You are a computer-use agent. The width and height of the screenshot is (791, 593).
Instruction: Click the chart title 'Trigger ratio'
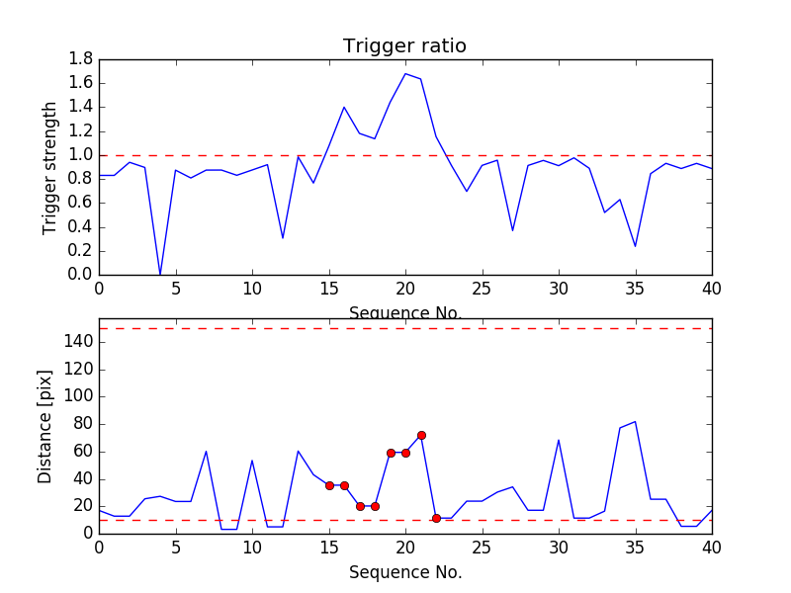pyautogui.click(x=404, y=46)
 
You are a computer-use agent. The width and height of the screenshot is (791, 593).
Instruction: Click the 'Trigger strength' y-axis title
pyautogui.click(x=50, y=167)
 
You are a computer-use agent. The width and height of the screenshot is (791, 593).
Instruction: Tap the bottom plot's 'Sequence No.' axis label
pyautogui.click(x=404, y=572)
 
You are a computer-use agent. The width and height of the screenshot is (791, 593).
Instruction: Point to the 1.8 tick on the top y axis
pyautogui.click(x=80, y=59)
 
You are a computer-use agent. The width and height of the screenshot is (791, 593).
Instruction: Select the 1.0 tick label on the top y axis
pyautogui.click(x=80, y=155)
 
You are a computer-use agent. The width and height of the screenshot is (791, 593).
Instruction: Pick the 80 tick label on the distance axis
pyautogui.click(x=81, y=424)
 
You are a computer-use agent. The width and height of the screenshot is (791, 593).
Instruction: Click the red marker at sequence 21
pyautogui.click(x=421, y=435)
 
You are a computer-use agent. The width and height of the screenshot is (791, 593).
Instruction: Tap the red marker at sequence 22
pyautogui.click(x=436, y=518)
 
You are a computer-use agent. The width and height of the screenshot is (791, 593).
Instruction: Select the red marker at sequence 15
pyautogui.click(x=329, y=485)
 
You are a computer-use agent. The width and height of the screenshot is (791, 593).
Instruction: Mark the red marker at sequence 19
pyautogui.click(x=391, y=453)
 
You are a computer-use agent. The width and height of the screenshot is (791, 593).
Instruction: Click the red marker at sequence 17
pyautogui.click(x=360, y=506)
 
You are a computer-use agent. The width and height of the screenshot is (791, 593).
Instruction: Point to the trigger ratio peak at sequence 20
pyautogui.click(x=405, y=74)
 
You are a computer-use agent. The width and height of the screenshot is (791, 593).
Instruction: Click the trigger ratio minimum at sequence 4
pyautogui.click(x=160, y=274)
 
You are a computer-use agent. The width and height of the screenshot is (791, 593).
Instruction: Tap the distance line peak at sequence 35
pyautogui.click(x=635, y=422)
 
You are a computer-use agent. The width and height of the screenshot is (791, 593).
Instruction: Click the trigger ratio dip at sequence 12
pyautogui.click(x=283, y=238)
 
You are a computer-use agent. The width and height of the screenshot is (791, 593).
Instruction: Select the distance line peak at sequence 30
pyautogui.click(x=559, y=440)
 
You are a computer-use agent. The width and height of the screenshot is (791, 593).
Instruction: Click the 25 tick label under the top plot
pyautogui.click(x=482, y=291)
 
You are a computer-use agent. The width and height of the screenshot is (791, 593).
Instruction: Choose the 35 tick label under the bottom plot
pyautogui.click(x=635, y=549)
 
